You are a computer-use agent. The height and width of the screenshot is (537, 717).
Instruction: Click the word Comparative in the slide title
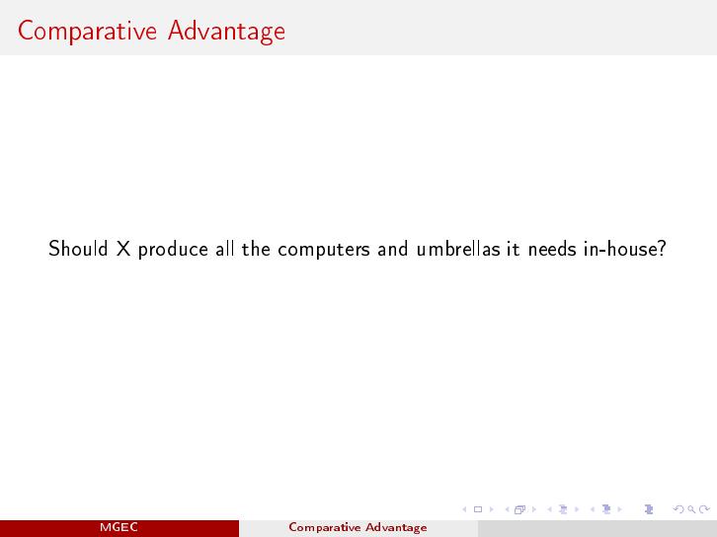click(x=87, y=32)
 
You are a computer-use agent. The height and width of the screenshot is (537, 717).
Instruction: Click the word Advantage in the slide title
click(x=226, y=32)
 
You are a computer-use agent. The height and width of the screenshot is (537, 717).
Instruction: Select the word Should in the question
click(x=78, y=249)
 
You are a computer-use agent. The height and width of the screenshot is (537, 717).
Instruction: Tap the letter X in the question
click(x=123, y=249)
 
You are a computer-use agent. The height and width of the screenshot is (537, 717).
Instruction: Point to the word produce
click(x=173, y=250)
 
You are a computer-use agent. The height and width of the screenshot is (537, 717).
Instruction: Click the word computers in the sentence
click(x=324, y=251)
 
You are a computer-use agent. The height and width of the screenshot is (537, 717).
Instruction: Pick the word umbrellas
click(x=458, y=249)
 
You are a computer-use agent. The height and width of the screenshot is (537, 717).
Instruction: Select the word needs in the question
click(x=552, y=249)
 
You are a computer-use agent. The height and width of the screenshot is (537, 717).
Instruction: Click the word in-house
click(x=619, y=249)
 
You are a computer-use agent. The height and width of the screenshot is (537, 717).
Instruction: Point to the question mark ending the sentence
click(x=661, y=248)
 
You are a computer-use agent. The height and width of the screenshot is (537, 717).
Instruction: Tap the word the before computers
click(x=257, y=249)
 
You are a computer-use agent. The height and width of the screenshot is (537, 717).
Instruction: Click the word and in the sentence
click(x=392, y=249)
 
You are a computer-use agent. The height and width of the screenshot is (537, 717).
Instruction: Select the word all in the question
click(x=224, y=249)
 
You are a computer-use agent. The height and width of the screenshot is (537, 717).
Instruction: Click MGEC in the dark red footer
click(x=119, y=527)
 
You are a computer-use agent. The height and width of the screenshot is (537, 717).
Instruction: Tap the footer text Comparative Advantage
click(x=358, y=527)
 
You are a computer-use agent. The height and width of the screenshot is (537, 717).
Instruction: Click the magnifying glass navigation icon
click(x=691, y=509)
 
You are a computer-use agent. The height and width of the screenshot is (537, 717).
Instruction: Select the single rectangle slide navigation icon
click(x=478, y=509)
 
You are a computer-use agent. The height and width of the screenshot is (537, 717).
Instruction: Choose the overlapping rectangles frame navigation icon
click(x=519, y=509)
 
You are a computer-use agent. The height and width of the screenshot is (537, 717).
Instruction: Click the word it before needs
click(x=513, y=249)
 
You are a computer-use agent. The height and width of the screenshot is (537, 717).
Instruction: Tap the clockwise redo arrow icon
click(x=704, y=509)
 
